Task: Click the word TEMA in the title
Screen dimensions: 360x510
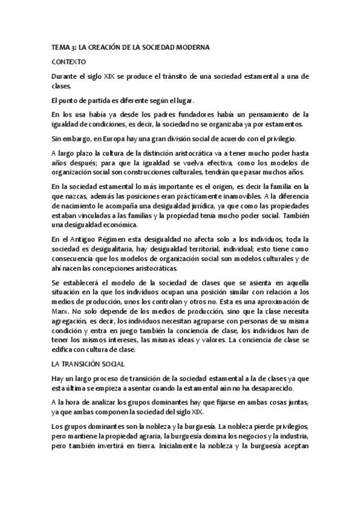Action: click(61, 46)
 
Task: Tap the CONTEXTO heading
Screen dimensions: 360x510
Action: click(69, 62)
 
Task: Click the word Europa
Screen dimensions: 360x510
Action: click(112, 138)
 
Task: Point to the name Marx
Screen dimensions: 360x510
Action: click(61, 313)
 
